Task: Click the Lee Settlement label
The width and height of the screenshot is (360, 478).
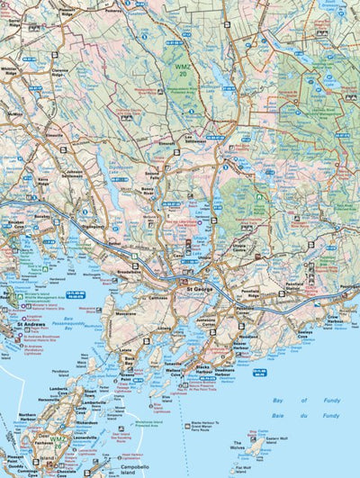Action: pos(195,139)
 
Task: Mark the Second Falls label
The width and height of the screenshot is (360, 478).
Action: pos(153,174)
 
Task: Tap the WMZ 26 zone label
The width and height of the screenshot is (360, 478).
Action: pos(58,442)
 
